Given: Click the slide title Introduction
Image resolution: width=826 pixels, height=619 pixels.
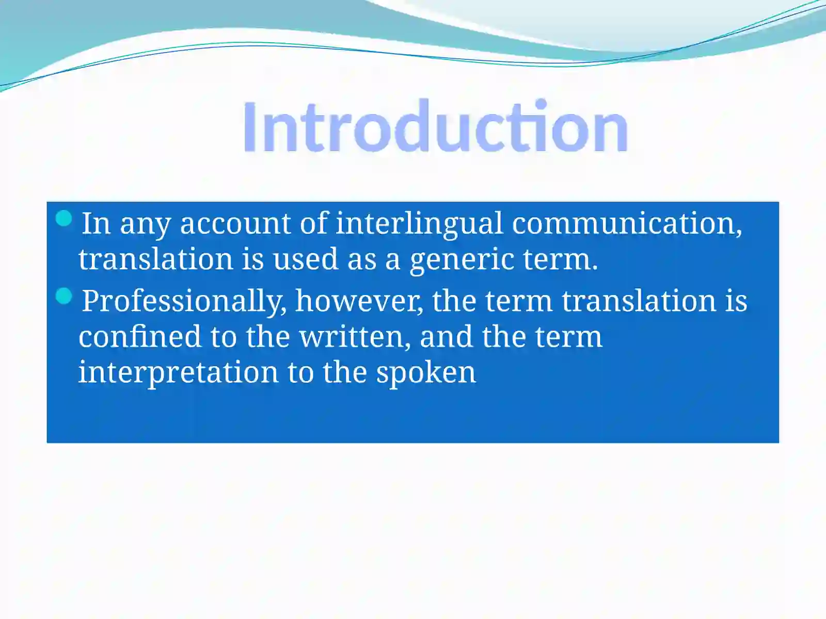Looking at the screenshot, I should (435, 127).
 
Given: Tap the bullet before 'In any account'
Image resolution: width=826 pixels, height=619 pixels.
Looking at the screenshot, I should (63, 218).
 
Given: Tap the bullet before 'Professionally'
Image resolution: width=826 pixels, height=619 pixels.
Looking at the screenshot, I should (63, 296).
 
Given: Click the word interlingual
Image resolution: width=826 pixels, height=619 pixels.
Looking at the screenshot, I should (419, 223).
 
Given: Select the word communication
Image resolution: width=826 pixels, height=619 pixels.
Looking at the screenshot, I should (626, 223).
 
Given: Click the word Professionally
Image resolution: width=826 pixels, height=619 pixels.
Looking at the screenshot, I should (184, 301).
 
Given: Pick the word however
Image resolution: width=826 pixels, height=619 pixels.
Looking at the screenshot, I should (359, 301).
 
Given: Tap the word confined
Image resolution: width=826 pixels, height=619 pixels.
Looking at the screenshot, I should (139, 336).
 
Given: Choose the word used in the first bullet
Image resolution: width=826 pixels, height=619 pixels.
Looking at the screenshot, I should (305, 259).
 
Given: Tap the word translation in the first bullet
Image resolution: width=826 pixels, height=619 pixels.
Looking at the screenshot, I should (155, 259).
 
